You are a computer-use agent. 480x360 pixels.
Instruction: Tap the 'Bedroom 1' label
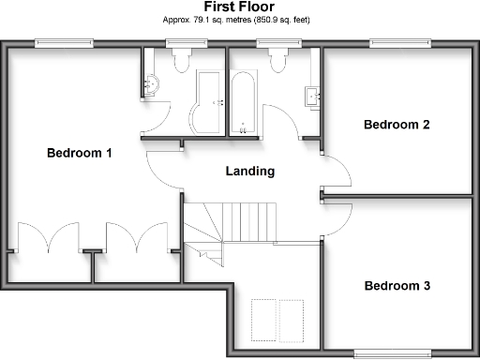[x=80, y=153]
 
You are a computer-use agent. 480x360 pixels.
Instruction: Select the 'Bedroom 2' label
[x=397, y=124]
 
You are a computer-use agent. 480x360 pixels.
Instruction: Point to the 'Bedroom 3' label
[x=397, y=286]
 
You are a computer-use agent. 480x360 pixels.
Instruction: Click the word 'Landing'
[x=250, y=172]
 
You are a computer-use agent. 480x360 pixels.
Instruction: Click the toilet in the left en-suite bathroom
[x=180, y=60]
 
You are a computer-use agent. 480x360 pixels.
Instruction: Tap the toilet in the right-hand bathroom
[x=277, y=60]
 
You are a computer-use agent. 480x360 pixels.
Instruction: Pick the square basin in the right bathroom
[x=311, y=95]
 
